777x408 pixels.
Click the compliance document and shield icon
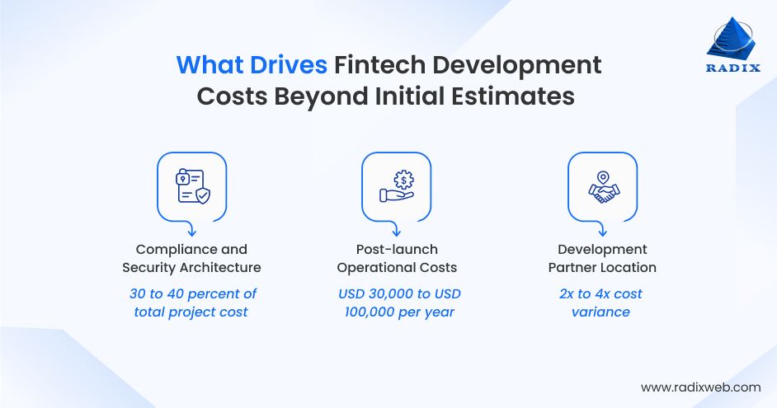191,186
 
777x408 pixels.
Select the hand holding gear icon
396,186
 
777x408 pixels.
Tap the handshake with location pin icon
601,186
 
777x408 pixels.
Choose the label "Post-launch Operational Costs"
397,258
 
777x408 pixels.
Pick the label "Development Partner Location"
602,258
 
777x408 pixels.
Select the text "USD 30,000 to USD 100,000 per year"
399,302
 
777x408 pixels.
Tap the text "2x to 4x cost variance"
600,302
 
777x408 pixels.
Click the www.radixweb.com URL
700,387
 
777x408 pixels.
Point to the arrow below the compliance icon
191,229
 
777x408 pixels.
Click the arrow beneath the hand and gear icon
396,229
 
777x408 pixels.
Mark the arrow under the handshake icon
601,229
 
